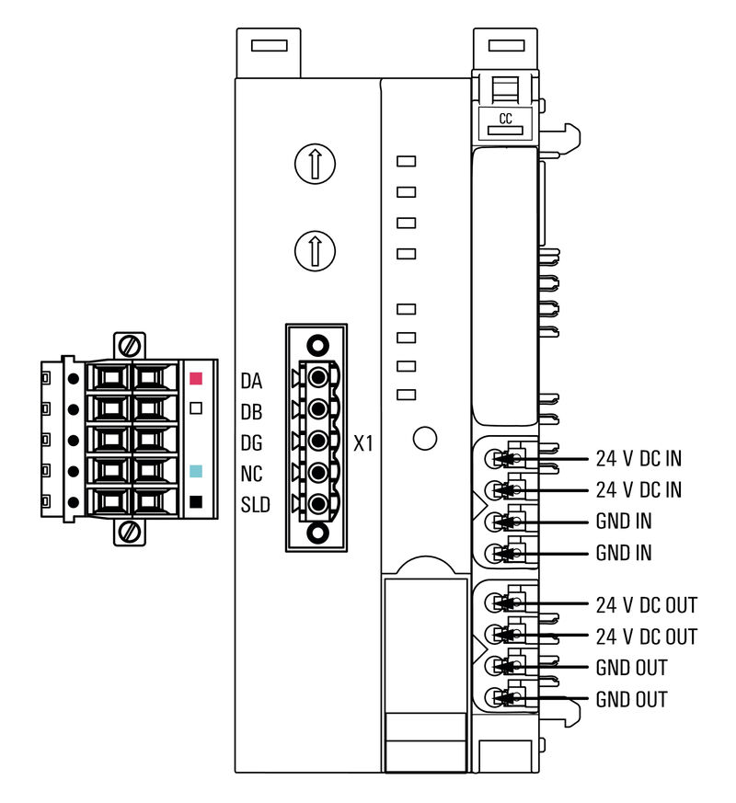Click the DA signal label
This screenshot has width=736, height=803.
[x=252, y=380]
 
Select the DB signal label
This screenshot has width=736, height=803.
[x=252, y=411]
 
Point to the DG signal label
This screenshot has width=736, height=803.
[x=252, y=442]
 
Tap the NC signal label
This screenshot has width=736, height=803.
[x=252, y=474]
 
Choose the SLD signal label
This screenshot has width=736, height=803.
[x=255, y=505]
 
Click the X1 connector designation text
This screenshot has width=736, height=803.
[x=364, y=443]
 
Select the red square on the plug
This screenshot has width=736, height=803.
[x=195, y=378]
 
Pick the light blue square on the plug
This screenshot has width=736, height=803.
[x=195, y=471]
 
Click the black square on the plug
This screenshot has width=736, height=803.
[x=195, y=502]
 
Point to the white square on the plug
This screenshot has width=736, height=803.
[x=195, y=408]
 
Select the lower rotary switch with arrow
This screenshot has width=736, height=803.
[x=315, y=249]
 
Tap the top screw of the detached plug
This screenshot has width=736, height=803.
[x=130, y=347]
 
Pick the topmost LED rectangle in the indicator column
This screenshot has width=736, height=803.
[x=406, y=162]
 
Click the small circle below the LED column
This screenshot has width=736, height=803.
[x=425, y=439]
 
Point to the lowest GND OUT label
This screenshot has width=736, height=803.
[x=631, y=700]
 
